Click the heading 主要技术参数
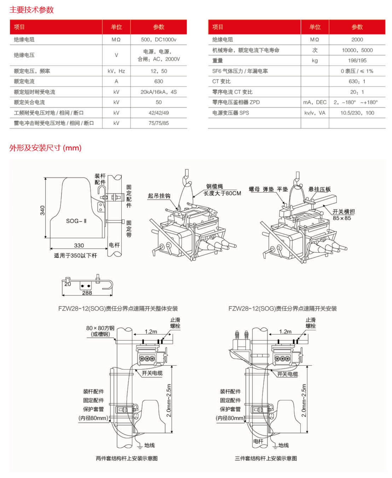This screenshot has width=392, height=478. coord(32,10)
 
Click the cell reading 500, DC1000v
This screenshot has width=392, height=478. coord(158,40)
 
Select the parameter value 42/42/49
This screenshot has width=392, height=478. coord(158,113)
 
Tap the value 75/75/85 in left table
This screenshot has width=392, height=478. coord(158,123)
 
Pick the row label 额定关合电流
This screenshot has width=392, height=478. coord(29,103)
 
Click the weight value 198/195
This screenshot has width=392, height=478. coord(357,61)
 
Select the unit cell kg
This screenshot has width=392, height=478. coord(315,61)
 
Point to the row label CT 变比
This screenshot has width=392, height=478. coord(221,82)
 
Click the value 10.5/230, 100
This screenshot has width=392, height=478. coord(357,113)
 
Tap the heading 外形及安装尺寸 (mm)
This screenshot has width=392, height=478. coord(45,148)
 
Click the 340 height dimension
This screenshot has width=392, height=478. coord(42,210)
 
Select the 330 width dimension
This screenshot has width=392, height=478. coord(79,245)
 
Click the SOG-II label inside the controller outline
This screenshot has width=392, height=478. coord(76,221)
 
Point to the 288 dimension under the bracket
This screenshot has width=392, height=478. coord(87,293)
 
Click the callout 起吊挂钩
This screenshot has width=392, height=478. coord(159,196)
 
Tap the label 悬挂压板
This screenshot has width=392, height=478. coord(319,189)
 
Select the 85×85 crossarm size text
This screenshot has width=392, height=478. coord(342,218)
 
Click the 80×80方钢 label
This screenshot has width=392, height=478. coord(100,328)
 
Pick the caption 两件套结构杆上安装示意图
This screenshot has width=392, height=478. coord(127,458)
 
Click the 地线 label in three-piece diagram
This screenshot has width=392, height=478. coord(283,445)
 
